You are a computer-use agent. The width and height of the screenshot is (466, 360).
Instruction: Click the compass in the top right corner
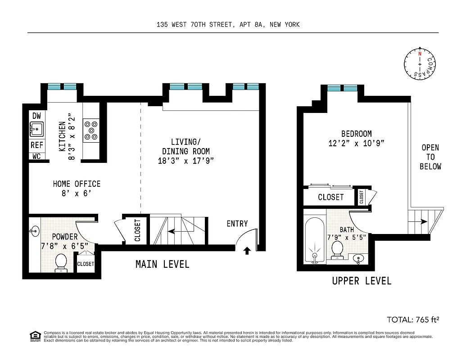point(420,65)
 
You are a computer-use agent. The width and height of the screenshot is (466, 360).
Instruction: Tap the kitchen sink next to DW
point(36,129)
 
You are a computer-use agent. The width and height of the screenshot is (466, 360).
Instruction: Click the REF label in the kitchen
point(36,145)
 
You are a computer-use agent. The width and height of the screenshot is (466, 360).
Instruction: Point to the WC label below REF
point(36,157)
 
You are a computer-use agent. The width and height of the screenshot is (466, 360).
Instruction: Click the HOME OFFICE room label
point(77,184)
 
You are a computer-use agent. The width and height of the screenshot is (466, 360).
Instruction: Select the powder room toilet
point(60,262)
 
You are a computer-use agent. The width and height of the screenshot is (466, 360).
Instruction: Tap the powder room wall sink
point(35,232)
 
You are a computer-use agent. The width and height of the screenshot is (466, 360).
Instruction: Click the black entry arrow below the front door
point(247,251)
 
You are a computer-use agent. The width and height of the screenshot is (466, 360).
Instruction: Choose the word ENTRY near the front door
point(237,224)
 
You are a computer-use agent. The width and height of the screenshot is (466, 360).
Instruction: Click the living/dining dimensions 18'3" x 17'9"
point(185,161)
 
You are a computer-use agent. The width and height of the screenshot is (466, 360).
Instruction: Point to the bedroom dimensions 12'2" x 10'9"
point(356,144)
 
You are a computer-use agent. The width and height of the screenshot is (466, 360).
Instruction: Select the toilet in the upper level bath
point(337,250)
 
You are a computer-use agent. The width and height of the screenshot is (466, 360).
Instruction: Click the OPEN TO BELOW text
point(430,157)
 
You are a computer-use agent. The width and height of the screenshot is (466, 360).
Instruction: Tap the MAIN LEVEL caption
point(162,264)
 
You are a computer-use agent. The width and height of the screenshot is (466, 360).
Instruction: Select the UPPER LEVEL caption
point(362,281)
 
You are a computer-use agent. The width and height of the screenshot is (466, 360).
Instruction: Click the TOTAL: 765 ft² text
point(412,319)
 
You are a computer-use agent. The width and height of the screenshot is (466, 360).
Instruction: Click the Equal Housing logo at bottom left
point(34,336)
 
